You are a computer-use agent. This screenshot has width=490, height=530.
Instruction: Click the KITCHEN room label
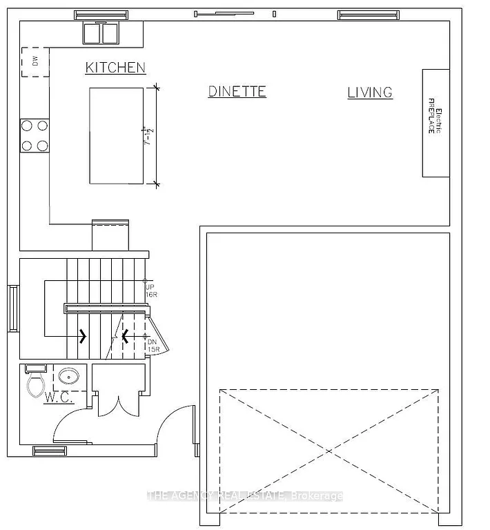[115, 67]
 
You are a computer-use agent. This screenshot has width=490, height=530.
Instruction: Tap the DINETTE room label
[237, 91]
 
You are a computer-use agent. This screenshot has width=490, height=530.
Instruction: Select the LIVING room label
[370, 92]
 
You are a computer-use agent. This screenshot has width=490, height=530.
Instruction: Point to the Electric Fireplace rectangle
[435, 123]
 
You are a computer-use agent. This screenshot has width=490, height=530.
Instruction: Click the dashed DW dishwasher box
[34, 62]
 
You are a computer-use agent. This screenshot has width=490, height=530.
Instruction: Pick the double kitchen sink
[101, 33]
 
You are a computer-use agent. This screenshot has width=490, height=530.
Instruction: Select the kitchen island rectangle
[116, 135]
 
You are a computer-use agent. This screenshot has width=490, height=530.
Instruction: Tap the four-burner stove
[35, 135]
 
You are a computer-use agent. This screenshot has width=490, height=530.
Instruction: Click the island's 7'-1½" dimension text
[146, 135]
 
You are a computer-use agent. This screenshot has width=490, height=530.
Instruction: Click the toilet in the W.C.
[35, 382]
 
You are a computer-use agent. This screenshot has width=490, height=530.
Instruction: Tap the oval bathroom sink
[68, 377]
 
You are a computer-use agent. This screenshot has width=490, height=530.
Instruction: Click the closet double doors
[118, 405]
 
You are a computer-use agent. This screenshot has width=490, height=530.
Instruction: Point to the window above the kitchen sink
[101, 14]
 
